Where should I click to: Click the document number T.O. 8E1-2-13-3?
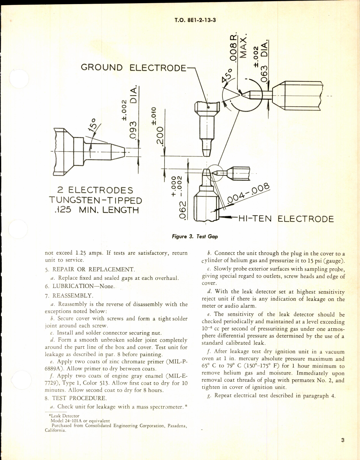195,20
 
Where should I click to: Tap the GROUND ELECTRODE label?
134,68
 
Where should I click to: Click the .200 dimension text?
160,136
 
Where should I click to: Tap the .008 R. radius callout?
235,47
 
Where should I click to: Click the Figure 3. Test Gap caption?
195,237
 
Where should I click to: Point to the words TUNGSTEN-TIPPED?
95,200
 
